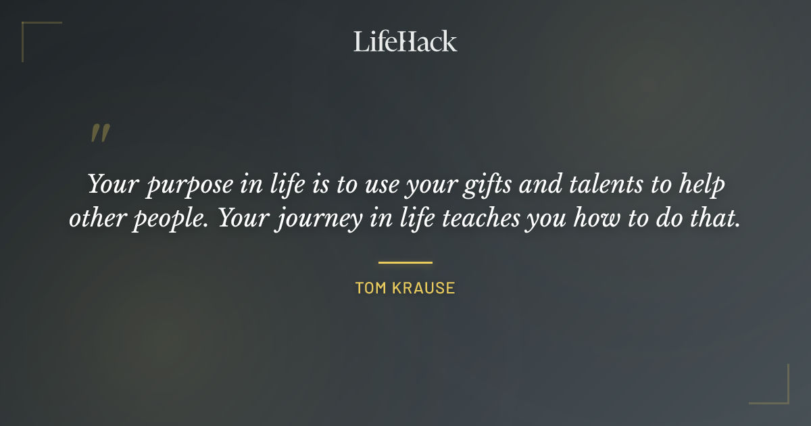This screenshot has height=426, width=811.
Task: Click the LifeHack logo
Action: pos(405,41)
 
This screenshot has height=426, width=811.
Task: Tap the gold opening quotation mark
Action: pos(100,133)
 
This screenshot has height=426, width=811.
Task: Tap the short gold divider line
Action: pos(405,262)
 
